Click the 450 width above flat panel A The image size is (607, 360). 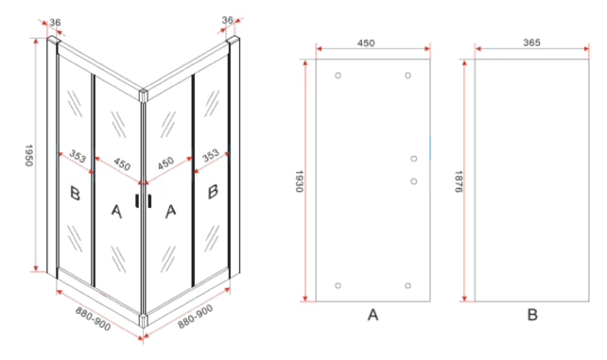[x=367, y=42]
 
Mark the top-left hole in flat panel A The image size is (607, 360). [x=338, y=76]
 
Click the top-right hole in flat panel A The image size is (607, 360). [x=408, y=76]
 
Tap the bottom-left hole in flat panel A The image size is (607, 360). [x=338, y=285]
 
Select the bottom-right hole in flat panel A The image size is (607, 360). [x=408, y=285]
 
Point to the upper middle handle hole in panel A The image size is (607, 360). [x=414, y=159]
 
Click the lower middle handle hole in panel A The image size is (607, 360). [x=414, y=180]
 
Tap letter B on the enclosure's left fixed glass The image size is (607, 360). [x=75, y=194]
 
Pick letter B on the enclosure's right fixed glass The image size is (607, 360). [x=214, y=192]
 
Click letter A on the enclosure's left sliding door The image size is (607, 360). [x=116, y=210]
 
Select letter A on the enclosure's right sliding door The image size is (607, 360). [x=171, y=210]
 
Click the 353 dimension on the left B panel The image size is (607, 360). [x=78, y=157]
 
